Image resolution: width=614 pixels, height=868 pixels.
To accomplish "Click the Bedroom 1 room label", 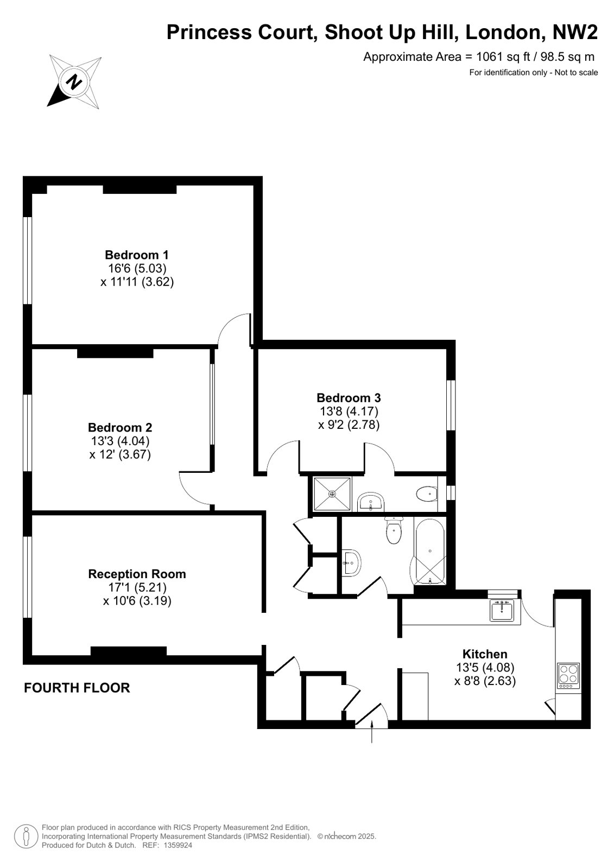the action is [137, 255].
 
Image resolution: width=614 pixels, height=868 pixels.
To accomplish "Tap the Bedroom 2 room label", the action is [120, 427].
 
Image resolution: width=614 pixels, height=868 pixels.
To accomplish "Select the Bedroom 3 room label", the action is [349, 398].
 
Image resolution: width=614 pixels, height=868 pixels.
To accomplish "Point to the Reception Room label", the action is [137, 574].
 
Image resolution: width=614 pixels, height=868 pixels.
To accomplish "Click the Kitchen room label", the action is [485, 654].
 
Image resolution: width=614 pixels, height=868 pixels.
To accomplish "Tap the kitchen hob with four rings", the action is [568, 676].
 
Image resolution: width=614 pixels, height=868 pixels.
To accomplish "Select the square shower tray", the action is [332, 494].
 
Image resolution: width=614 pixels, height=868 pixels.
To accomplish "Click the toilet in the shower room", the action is [427, 494].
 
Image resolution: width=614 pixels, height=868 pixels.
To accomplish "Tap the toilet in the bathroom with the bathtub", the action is [394, 531].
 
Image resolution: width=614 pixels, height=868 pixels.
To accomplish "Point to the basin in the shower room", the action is [371, 502].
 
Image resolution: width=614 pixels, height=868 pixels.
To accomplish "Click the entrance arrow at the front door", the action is [372, 732].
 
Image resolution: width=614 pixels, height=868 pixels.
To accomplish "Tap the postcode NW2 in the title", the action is [575, 32].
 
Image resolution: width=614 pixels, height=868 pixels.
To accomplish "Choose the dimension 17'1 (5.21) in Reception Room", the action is [137, 587].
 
